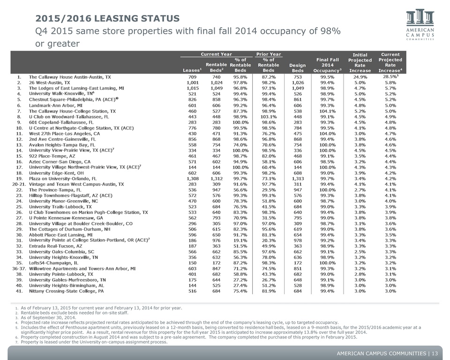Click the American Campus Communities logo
(420, 25)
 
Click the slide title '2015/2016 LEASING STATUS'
(107, 18)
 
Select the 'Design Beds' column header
(298, 68)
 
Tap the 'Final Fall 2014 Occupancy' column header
(328, 65)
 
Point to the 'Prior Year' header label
(269, 54)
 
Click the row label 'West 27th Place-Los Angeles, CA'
(65, 134)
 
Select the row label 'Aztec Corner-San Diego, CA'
(60, 162)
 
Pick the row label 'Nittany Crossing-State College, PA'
(66, 291)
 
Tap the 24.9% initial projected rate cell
(360, 77)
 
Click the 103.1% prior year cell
(269, 117)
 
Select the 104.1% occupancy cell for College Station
(328, 111)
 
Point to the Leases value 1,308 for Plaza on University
(192, 179)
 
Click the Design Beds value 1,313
(298, 179)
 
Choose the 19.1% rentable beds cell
(240, 240)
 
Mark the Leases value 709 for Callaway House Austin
(192, 77)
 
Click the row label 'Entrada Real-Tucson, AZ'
(56, 246)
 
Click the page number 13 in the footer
(435, 353)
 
